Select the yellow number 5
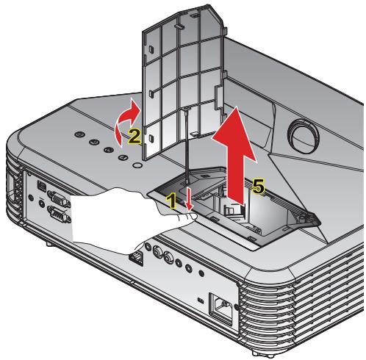point(258,188)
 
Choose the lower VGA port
point(56,216)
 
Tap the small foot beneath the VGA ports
point(48,241)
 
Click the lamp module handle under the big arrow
point(233,209)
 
